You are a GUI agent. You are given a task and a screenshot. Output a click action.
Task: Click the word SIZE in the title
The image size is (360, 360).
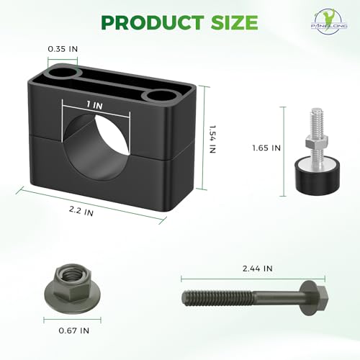tap(234, 22)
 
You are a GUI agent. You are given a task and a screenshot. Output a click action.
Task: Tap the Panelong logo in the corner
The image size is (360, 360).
tap(329, 22)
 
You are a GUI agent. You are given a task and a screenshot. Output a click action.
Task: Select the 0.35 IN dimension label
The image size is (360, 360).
tap(63, 49)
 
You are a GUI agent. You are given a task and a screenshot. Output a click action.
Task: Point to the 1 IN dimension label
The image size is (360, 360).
tap(94, 105)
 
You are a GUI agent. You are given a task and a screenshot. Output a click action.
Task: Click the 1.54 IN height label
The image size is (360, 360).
tap(212, 139)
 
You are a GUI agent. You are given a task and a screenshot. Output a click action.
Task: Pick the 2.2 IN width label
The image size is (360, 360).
tap(81, 211)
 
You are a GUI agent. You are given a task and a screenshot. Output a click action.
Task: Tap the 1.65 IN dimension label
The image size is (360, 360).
tap(266, 148)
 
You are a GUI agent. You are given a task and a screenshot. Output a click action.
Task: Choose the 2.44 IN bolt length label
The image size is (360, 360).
tap(258, 269)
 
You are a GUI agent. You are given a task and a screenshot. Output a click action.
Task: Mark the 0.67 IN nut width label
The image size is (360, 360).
tap(74, 330)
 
